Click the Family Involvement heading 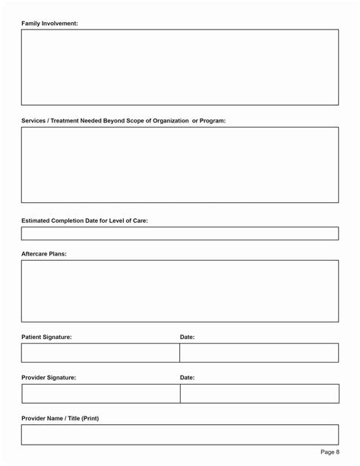tap(49, 24)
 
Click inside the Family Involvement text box tap(179, 67)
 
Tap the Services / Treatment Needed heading tap(123, 121)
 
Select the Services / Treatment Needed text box tap(179, 164)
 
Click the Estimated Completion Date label tap(84, 220)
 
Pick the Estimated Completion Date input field tap(179, 233)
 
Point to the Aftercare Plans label tap(44, 254)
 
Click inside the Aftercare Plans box tap(179, 291)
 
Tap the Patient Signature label tap(46, 337)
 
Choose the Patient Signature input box tap(100, 353)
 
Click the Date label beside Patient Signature tap(187, 337)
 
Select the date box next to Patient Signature tap(259, 353)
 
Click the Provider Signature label tap(49, 377)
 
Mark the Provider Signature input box tap(100, 393)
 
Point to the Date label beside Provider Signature tap(187, 377)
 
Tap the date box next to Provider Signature tap(259, 393)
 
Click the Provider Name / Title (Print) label tap(60, 418)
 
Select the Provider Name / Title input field tap(179, 434)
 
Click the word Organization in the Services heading tap(169, 121)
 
